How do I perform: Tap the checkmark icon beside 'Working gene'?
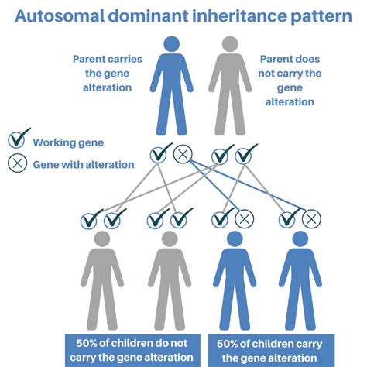(16, 141)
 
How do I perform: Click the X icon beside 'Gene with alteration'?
(16, 163)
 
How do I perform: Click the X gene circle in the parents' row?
(183, 154)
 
